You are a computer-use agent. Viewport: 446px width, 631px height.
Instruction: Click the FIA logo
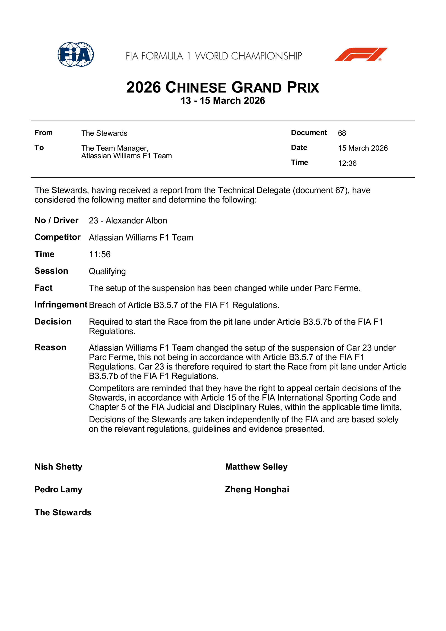(x=76, y=54)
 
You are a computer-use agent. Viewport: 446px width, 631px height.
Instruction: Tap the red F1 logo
(x=361, y=54)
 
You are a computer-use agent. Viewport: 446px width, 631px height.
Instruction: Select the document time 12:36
(x=347, y=163)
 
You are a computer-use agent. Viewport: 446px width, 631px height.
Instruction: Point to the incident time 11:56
(x=99, y=255)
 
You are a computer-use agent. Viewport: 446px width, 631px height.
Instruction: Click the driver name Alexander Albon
(x=136, y=221)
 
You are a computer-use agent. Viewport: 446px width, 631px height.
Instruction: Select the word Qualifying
(x=107, y=272)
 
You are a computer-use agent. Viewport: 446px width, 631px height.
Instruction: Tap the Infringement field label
(x=61, y=305)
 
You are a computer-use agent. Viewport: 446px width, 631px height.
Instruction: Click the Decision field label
(x=53, y=322)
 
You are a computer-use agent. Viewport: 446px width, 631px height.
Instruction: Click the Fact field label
(x=43, y=288)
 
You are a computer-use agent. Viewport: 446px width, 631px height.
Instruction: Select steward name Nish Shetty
(x=59, y=467)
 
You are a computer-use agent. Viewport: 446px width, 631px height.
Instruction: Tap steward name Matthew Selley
(x=256, y=467)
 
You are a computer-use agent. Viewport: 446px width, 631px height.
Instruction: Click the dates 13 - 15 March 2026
(x=223, y=101)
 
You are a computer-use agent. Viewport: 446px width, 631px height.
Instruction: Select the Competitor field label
(x=57, y=237)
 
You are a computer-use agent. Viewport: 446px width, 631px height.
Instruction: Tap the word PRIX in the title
(x=303, y=88)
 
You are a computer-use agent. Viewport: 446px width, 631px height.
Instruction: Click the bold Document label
(x=309, y=133)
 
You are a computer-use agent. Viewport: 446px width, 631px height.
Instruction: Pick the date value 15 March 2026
(x=363, y=148)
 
